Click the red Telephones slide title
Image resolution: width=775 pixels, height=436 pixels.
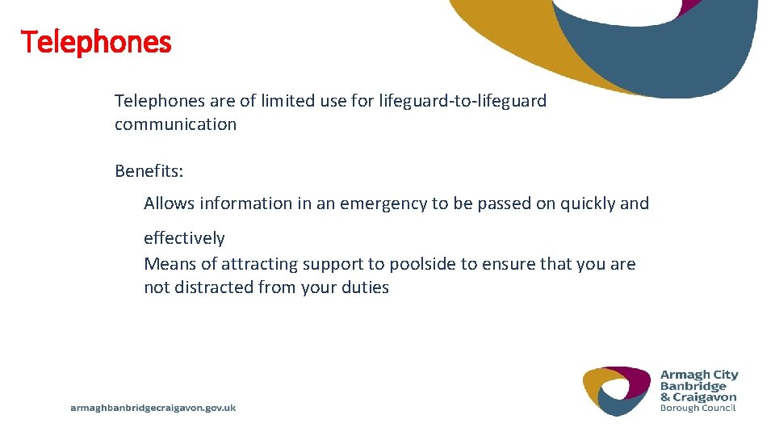point(96,42)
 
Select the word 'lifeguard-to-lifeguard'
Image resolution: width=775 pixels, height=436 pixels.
point(463,101)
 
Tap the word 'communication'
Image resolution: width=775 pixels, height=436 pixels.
point(175,124)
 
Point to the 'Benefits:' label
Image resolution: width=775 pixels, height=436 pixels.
point(148,171)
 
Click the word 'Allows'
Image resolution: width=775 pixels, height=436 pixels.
point(169,203)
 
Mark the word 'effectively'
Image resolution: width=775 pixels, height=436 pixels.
point(184,238)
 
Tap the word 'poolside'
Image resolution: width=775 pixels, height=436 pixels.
point(422,264)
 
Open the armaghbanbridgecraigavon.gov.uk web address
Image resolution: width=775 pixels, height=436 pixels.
point(153,408)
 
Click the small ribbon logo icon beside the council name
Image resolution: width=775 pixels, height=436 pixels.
point(617,392)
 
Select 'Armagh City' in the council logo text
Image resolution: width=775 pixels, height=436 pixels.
point(699,375)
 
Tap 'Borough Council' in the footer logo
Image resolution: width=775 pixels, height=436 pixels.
point(697,408)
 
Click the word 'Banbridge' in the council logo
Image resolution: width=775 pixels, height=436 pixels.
point(693,386)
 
